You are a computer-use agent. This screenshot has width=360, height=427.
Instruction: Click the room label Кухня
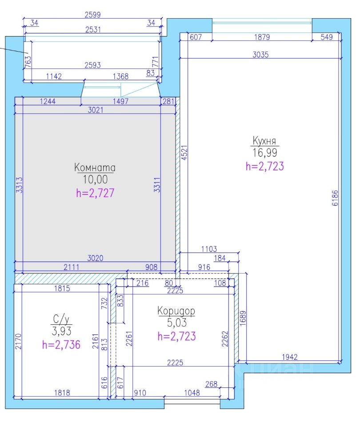[264, 141]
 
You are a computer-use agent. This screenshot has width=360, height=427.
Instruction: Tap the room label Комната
[95, 167]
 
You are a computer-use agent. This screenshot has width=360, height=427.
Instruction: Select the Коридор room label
[176, 311]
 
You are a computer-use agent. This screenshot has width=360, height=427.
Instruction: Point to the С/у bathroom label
[61, 319]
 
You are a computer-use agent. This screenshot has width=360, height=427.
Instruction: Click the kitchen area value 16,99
[264, 153]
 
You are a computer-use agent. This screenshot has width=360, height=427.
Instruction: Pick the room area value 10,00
[95, 179]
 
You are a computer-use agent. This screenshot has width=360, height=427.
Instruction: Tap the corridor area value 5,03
[177, 323]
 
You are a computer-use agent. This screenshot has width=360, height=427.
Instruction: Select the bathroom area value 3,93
[61, 331]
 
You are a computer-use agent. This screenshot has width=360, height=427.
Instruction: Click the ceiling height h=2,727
[95, 193]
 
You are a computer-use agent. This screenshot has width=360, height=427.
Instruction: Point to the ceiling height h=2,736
[61, 344]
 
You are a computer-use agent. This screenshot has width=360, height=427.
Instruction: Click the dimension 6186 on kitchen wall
[335, 198]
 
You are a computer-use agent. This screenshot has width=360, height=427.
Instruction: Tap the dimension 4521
[184, 153]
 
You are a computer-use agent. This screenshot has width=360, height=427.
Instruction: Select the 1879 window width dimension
[262, 37]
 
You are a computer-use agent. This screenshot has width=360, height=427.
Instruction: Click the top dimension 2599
[92, 15]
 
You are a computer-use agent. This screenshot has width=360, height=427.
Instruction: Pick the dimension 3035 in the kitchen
[260, 55]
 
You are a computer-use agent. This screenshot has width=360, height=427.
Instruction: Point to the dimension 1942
[289, 357]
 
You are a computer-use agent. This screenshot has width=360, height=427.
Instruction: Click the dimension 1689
[243, 318]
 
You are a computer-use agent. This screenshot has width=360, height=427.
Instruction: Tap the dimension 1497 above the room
[120, 101]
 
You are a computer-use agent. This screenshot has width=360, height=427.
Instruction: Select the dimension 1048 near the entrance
[192, 393]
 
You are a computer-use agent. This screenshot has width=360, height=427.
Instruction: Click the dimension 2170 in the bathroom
[18, 342]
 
